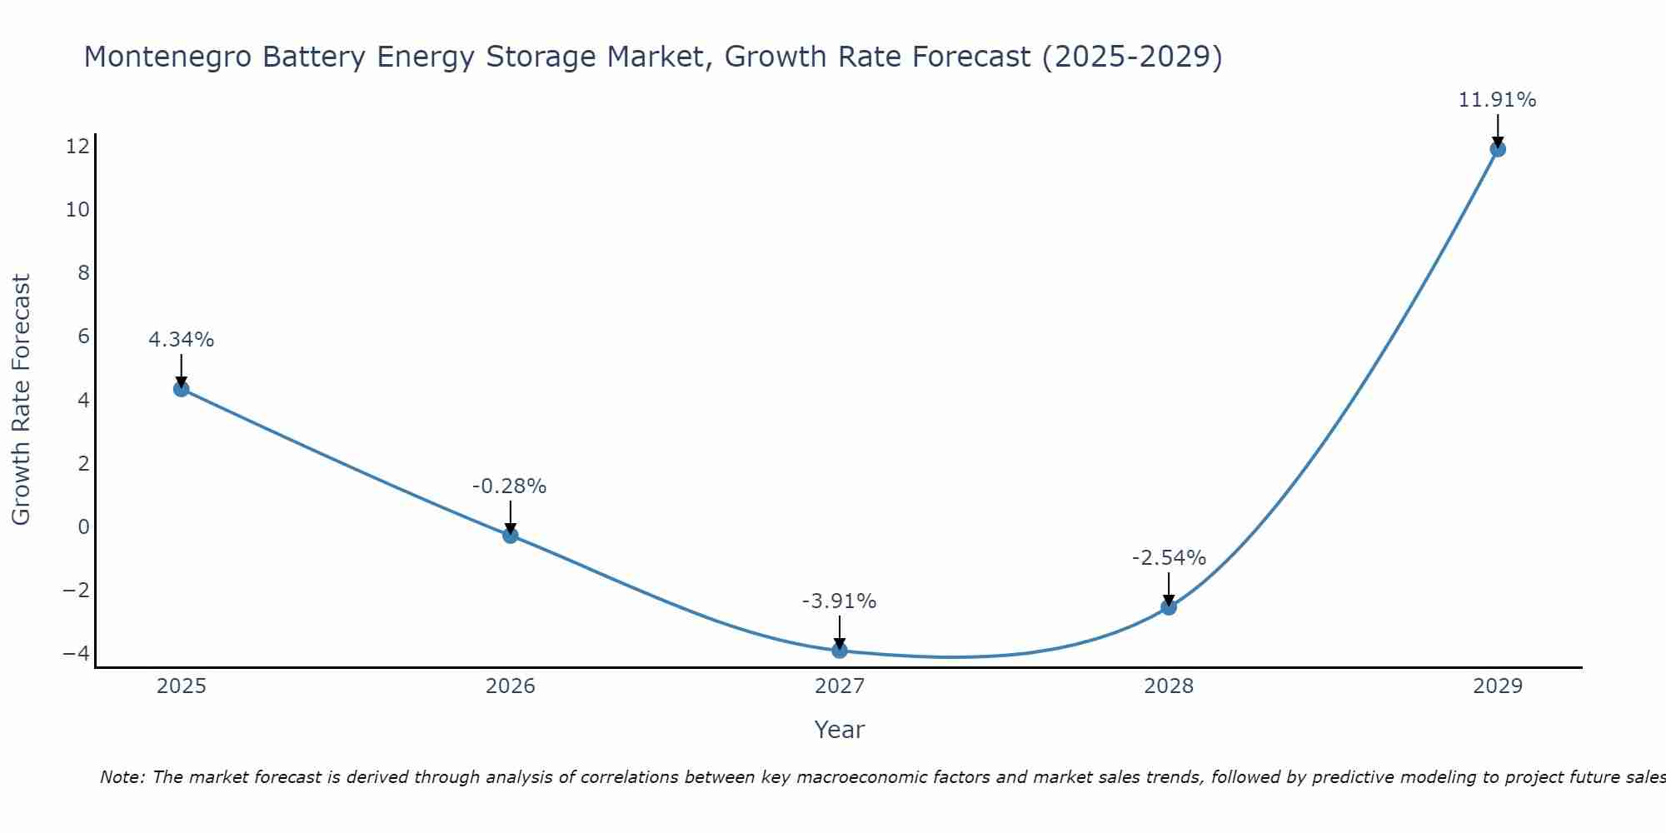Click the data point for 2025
tap(182, 389)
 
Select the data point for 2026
tap(511, 536)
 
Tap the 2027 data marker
tap(840, 651)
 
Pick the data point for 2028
tap(1169, 607)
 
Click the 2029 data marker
tap(1498, 149)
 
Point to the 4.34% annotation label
tap(182, 340)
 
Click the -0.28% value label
tap(509, 486)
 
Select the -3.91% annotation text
tap(839, 601)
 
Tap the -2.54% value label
tap(1169, 558)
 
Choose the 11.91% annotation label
tap(1497, 100)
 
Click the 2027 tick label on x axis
tap(840, 686)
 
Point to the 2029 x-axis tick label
tap(1498, 686)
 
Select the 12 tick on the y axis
tap(77, 147)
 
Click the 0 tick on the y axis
tap(83, 526)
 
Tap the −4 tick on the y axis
tap(76, 653)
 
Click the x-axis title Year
tap(840, 730)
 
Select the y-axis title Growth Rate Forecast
tap(21, 400)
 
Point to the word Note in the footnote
tap(122, 777)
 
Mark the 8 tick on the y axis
tap(83, 273)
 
